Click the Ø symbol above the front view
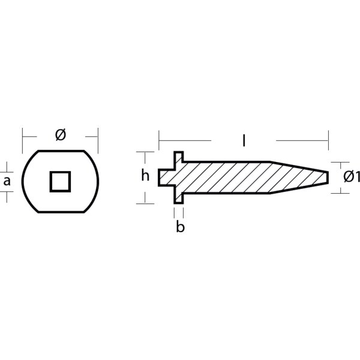60,135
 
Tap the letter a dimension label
7,181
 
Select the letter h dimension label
145,176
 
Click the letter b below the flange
180,227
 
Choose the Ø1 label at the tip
352,177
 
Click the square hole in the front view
60,181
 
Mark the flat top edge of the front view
60,150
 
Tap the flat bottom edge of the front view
60,212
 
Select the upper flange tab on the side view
179,157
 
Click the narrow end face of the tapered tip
328,177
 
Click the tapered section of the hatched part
297,177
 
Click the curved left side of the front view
23,181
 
